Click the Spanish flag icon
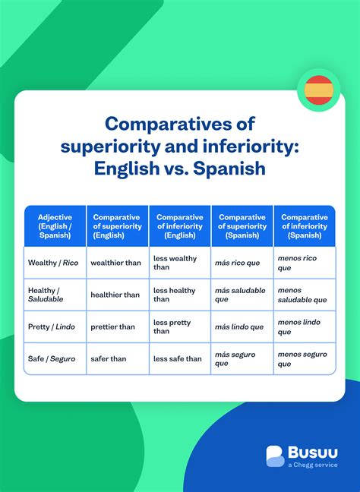point(318,90)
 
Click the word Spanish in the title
point(229,168)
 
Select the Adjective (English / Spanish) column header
point(55,226)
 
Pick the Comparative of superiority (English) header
point(117,226)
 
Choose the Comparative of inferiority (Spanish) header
point(304,226)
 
